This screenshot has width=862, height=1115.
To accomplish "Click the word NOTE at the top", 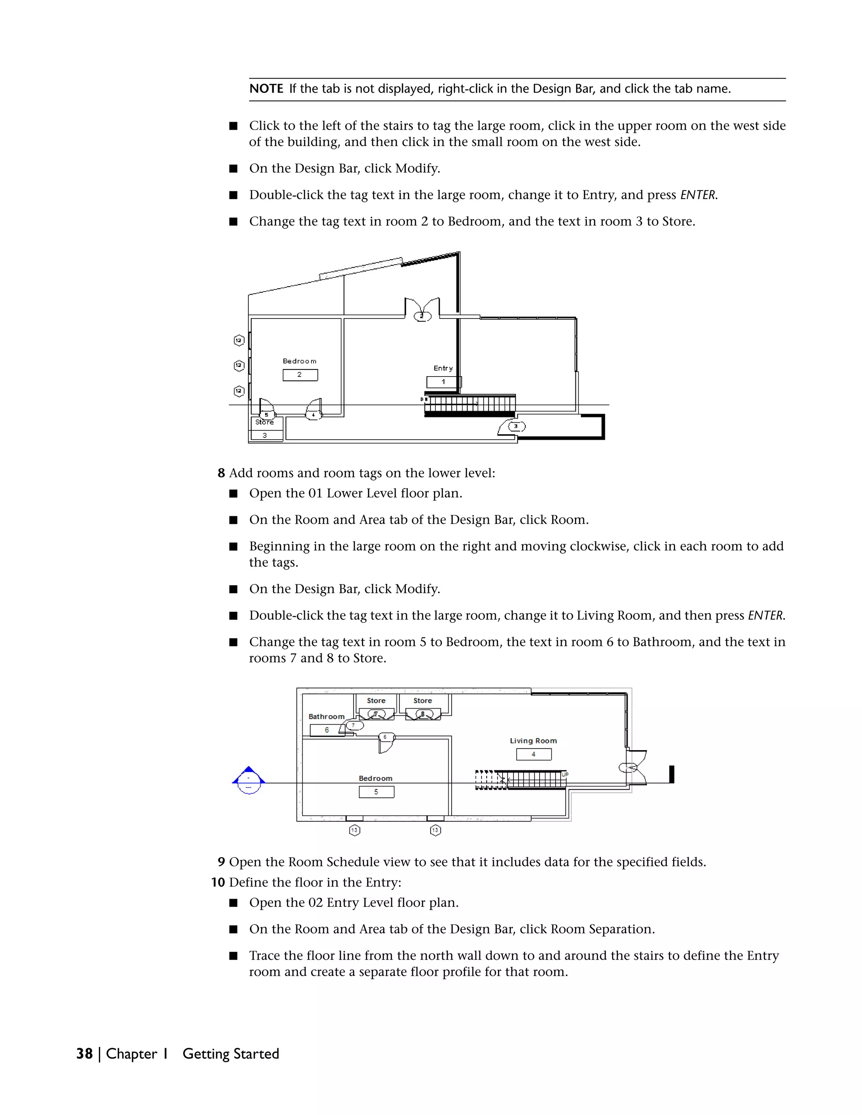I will [266, 89].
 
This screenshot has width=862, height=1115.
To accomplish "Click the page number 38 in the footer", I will [84, 1054].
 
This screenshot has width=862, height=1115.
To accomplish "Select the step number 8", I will [221, 473].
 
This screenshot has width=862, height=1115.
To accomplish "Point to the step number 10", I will [218, 882].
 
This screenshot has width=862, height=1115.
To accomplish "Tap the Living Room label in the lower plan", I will [533, 741].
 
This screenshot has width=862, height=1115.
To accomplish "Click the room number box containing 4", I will [534, 754].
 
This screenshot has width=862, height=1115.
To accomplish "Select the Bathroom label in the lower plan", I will [326, 717].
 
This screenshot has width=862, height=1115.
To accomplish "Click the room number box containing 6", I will [327, 730].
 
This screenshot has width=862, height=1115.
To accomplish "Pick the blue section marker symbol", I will [249, 780].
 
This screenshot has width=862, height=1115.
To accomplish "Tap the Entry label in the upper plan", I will [443, 368].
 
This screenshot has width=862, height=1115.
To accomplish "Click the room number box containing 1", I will [443, 382].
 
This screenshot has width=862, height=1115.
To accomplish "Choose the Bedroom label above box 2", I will [299, 361].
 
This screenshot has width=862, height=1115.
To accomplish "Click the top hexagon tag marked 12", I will [239, 340].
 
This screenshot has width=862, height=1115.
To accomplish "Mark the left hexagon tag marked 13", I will [354, 830].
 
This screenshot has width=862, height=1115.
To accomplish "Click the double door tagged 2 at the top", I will [422, 308].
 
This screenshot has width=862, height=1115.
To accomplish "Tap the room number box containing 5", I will [376, 792].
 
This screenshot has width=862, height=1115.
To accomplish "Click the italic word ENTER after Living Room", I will [766, 616].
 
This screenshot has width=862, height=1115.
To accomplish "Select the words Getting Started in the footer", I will [230, 1054].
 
